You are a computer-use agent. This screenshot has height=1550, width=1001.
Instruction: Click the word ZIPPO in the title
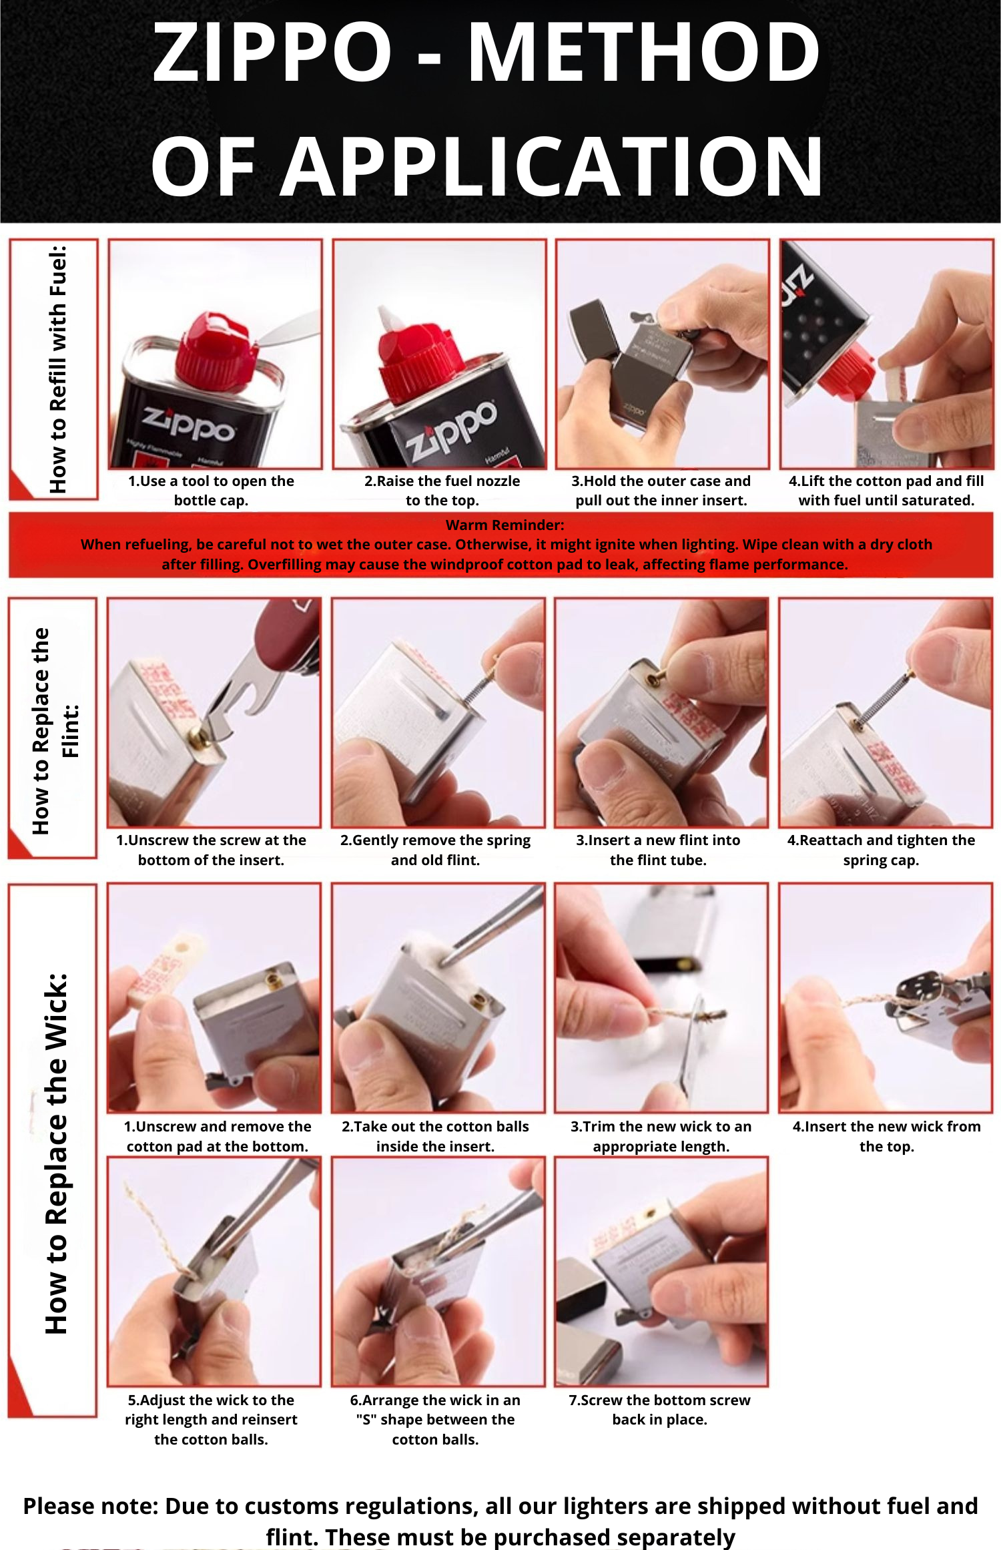click(x=272, y=52)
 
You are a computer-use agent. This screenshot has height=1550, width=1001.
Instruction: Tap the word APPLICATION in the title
click(x=553, y=167)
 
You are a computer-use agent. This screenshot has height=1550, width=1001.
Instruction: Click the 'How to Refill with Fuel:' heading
click(x=58, y=369)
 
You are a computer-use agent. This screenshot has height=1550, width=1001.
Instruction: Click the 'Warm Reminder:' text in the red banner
click(x=505, y=525)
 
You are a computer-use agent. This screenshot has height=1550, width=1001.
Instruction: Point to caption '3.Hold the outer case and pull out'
click(x=661, y=490)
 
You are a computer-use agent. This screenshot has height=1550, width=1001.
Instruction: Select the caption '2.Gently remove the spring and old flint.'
click(x=435, y=849)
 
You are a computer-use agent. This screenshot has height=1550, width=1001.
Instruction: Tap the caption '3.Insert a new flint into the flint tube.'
click(x=658, y=849)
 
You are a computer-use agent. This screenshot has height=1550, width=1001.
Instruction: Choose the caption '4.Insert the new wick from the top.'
click(x=886, y=1135)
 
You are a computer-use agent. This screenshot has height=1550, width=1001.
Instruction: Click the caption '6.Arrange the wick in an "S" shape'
click(x=435, y=1418)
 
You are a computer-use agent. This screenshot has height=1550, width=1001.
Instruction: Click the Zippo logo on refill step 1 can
click(x=188, y=423)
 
